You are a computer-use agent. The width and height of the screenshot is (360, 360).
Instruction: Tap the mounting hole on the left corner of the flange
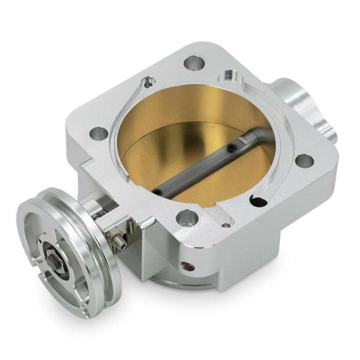click(100, 133)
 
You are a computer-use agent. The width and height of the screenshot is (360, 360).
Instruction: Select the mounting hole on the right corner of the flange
click(305, 161)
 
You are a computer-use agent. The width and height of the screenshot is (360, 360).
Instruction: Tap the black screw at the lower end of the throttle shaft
click(156, 192)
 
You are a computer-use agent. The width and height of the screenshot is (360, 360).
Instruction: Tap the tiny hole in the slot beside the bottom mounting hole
click(227, 221)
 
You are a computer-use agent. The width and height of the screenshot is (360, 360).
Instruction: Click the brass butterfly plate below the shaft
click(212, 180)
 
